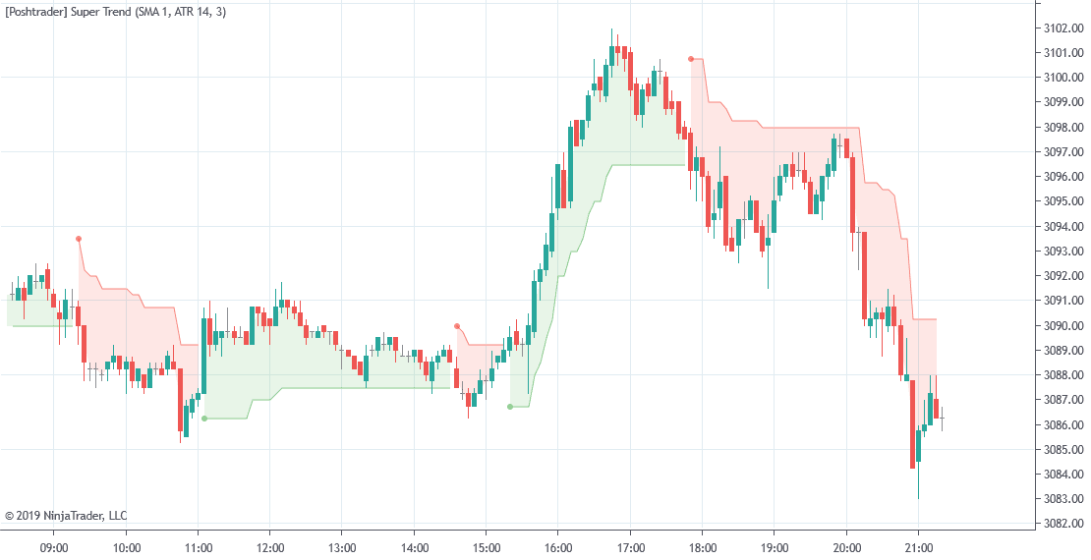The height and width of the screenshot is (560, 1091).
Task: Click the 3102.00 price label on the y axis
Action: point(1064,28)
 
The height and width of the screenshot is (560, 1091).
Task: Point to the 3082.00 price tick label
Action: point(1064,524)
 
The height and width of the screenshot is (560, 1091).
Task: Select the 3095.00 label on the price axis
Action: point(1064,201)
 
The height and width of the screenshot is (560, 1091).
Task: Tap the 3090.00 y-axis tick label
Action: point(1064,325)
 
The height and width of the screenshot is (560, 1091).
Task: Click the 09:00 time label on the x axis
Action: point(54,547)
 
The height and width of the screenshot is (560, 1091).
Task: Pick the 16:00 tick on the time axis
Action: point(557,547)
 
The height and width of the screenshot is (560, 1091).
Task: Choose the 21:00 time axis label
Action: point(918,547)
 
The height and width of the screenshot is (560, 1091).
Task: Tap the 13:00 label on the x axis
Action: point(341,547)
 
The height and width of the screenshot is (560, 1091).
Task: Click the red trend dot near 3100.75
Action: point(691,59)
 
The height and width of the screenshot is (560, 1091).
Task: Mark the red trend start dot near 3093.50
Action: point(79,239)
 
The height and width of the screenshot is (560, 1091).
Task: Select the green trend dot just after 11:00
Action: point(204,419)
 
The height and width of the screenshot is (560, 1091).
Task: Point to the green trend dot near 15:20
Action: point(510,407)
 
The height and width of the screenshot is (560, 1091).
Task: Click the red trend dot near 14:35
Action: point(457,326)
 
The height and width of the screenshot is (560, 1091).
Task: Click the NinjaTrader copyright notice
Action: point(66,515)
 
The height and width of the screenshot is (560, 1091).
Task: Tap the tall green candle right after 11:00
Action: point(204,354)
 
